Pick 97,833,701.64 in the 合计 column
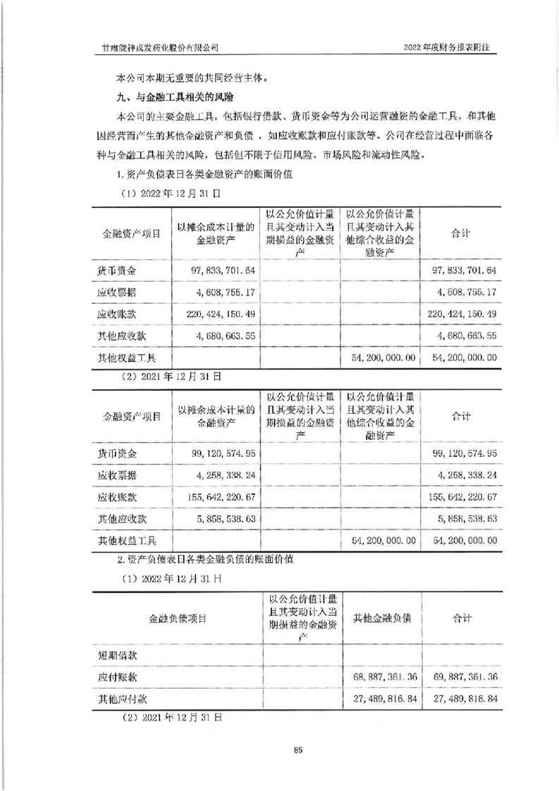click(462, 271)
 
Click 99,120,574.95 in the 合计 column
click(462, 453)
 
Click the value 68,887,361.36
click(383, 677)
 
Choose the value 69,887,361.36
click(462, 677)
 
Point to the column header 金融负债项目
click(178, 618)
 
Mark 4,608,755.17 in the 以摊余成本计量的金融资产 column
click(217, 291)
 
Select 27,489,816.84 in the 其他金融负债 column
click(383, 699)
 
